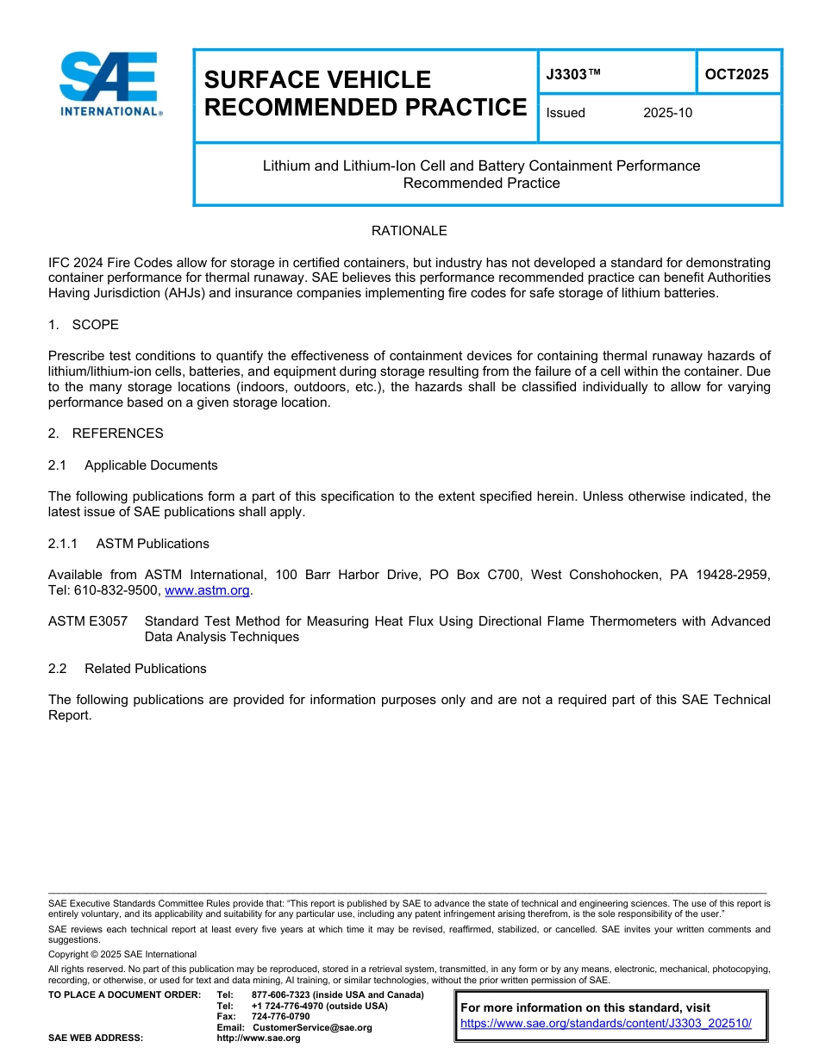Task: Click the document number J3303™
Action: [x=573, y=74]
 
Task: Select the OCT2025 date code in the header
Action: [x=736, y=74]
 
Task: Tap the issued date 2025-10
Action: [x=667, y=113]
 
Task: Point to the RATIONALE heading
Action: [x=409, y=231]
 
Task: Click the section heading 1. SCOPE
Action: [x=84, y=325]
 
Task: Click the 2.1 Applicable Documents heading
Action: [x=133, y=465]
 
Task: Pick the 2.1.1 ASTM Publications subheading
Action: [x=128, y=544]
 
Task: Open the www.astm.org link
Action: [x=207, y=590]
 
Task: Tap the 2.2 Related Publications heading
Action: [x=128, y=669]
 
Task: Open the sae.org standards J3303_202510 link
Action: [x=606, y=1023]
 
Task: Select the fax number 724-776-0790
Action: [x=280, y=1017]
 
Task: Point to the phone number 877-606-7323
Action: [x=280, y=995]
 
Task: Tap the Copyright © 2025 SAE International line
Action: [x=122, y=955]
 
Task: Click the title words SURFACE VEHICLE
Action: [x=317, y=79]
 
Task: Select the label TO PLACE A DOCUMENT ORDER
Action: [x=124, y=995]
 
